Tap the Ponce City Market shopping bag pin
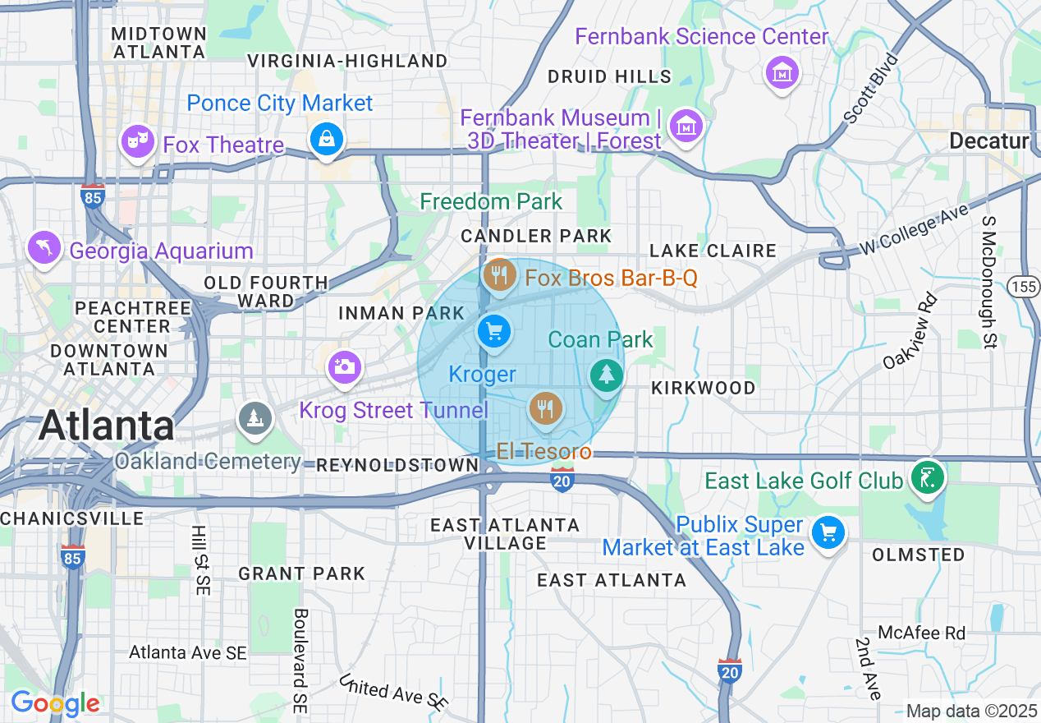(x=327, y=138)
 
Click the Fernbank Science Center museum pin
(x=782, y=73)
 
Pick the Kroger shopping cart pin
(x=494, y=332)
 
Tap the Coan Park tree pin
(x=607, y=375)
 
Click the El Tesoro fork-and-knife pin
(x=545, y=408)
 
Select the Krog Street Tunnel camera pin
(x=345, y=366)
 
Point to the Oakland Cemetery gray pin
(x=255, y=418)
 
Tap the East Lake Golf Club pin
(x=926, y=477)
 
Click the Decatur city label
(x=988, y=141)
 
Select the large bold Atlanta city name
(x=107, y=426)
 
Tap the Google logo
(x=55, y=703)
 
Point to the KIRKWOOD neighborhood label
(x=703, y=388)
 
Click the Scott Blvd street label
(x=872, y=88)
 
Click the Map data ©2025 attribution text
(x=971, y=711)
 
